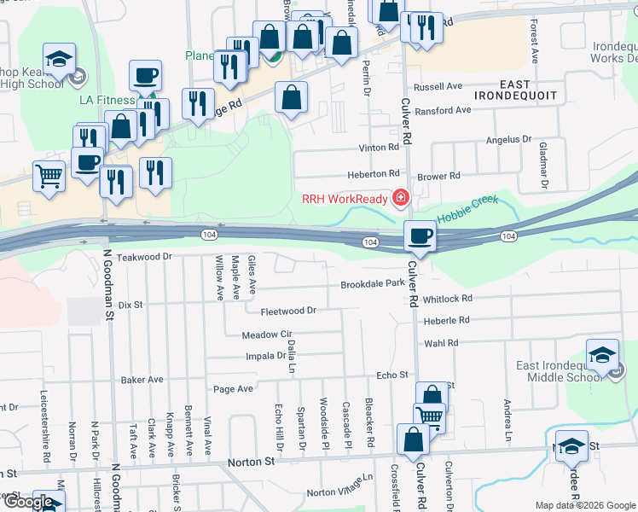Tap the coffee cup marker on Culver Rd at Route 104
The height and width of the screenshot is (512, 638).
pos(419,236)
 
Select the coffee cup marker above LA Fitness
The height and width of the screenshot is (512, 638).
pos(144,76)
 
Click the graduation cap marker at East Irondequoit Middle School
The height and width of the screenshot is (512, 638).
pos(602,357)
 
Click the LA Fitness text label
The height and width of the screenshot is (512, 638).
pos(107,100)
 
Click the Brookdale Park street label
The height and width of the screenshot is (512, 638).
pos(372,284)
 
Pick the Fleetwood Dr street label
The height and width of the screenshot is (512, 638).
pos(288,311)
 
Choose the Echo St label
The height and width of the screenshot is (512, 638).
pos(393,375)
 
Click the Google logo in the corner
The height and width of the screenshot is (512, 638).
pos(29,502)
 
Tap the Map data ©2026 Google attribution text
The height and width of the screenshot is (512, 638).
pos(585,505)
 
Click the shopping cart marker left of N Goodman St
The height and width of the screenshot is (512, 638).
pos(49,177)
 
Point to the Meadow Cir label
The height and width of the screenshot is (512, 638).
pos(267,335)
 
